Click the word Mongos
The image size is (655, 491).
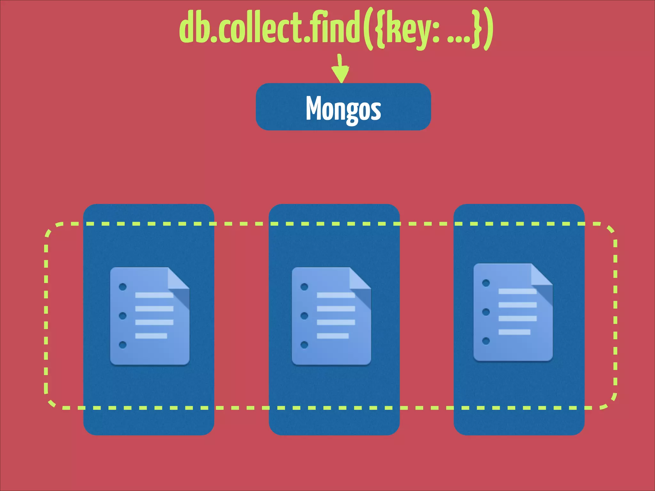tap(343, 108)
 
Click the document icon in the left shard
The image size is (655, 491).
tap(150, 316)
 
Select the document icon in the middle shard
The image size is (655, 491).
tap(331, 316)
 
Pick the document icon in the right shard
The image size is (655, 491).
tap(513, 312)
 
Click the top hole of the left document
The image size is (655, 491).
tap(122, 287)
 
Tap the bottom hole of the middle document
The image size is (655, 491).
tap(304, 345)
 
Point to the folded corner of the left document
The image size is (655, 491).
tap(178, 279)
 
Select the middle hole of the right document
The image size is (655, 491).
tap(486, 312)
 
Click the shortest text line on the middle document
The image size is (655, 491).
tap(333, 336)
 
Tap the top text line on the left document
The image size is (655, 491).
tap(154, 295)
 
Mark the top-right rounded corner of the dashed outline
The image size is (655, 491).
tap(610, 229)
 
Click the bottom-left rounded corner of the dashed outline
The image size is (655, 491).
tap(50, 403)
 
